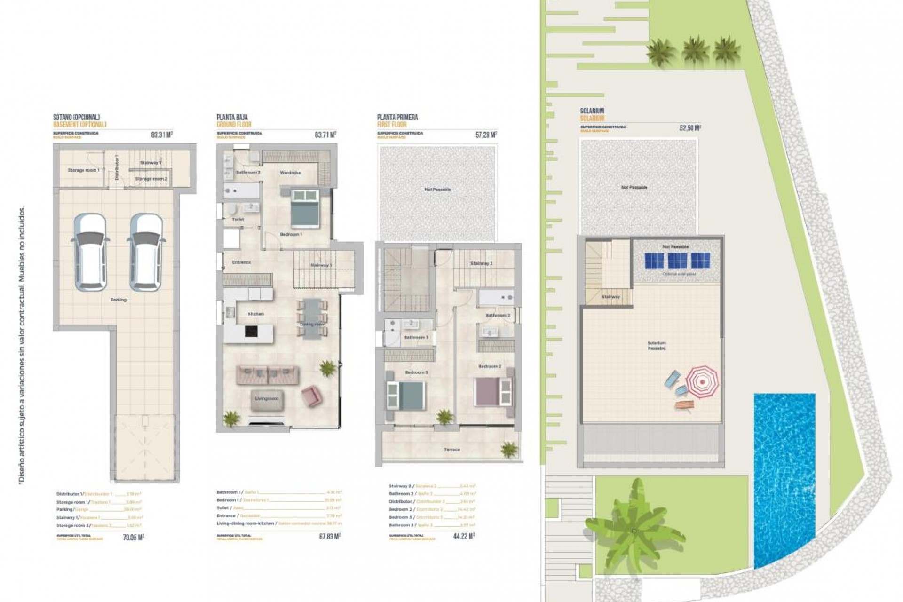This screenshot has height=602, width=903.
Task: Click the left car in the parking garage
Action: pos(91,252)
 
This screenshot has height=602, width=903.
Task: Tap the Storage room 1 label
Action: pos(83,170)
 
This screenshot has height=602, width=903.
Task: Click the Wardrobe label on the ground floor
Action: pos(290,173)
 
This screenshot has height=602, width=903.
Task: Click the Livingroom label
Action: pos(267,399)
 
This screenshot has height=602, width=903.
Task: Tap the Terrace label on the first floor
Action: pos(451,450)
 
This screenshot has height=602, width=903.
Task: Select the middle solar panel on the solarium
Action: pos(677,260)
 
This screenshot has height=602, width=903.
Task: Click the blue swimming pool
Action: pos(784,480)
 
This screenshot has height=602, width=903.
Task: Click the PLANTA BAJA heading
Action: pos(232,117)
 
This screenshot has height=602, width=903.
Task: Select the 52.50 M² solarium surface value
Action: pos(690,128)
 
